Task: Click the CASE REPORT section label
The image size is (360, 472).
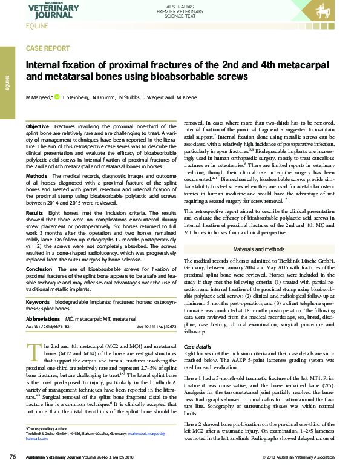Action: [48, 48]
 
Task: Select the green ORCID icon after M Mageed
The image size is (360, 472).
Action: [57, 97]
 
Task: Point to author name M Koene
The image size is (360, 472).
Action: [188, 97]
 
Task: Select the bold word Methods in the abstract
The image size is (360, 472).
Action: [37, 175]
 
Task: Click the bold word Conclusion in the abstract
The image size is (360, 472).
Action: [40, 269]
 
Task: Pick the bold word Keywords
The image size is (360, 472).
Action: [38, 301]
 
